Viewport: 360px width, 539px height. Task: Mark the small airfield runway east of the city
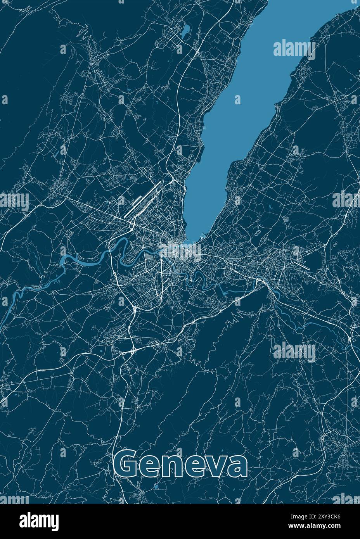point(303,265)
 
